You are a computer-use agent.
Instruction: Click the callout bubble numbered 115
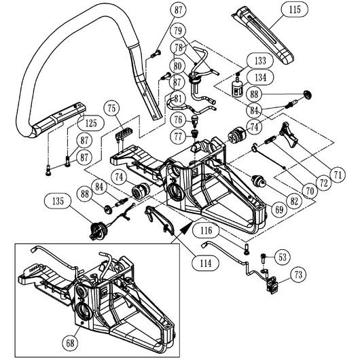[x=295, y=10]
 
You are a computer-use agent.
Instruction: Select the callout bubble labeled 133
[x=260, y=61]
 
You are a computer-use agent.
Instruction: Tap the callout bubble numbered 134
[x=261, y=77]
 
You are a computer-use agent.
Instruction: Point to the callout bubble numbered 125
[x=91, y=123]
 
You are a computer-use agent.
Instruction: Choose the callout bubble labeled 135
[x=58, y=201]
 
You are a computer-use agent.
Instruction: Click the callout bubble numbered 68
[x=70, y=343]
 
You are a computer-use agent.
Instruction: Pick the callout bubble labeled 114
[x=206, y=263]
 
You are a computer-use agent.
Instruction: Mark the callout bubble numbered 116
[x=206, y=231]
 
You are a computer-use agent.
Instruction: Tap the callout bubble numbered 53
[x=283, y=257]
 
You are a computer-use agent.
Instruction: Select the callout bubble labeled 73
[x=298, y=275]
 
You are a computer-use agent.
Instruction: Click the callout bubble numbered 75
[x=111, y=109]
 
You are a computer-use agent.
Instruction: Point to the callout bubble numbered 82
[x=294, y=201]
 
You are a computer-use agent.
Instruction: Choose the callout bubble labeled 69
[x=279, y=209]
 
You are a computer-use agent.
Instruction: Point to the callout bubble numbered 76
[x=178, y=120]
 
